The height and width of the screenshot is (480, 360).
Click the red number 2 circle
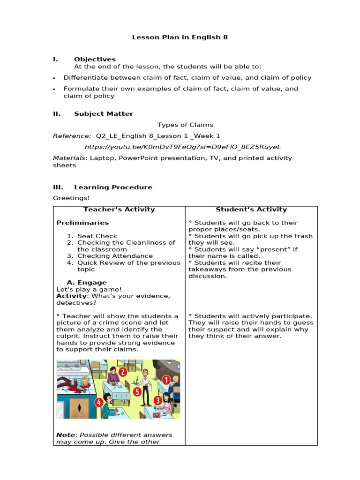click(122, 372)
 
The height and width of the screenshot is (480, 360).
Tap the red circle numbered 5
click(137, 391)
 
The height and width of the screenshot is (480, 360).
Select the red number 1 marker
click(166, 380)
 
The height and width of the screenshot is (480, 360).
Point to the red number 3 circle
click(158, 400)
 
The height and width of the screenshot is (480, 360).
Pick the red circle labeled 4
click(99, 402)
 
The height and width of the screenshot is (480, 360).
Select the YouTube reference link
click(183, 147)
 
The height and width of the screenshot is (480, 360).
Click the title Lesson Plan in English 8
click(180, 37)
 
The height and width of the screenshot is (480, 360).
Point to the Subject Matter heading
click(103, 113)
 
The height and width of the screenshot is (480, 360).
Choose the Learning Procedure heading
click(113, 187)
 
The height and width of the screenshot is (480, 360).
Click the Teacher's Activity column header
click(119, 210)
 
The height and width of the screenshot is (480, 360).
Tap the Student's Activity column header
click(251, 210)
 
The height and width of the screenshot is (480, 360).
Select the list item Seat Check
click(97, 236)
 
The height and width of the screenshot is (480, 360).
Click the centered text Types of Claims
click(185, 125)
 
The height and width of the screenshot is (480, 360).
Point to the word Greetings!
click(70, 198)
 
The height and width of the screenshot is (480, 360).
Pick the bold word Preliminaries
click(82, 223)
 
